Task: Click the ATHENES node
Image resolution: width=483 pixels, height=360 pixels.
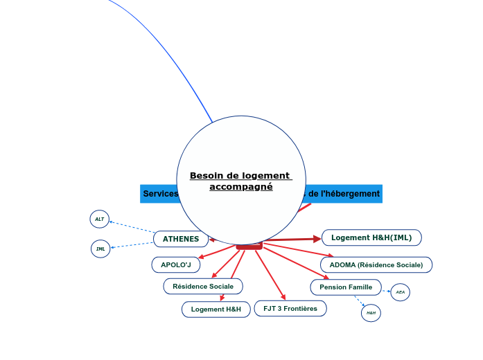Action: tap(181, 239)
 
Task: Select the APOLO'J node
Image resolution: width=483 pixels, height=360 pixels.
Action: tap(176, 264)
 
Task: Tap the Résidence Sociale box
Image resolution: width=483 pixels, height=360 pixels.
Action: tap(203, 286)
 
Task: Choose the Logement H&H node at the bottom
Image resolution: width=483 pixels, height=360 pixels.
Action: tap(216, 309)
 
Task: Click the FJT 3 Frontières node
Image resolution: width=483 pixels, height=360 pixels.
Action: tap(290, 308)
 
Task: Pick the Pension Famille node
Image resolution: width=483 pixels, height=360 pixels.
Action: tap(346, 287)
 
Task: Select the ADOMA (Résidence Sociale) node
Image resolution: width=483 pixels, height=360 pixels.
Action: tap(376, 264)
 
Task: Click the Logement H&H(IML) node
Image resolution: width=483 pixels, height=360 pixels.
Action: tap(371, 237)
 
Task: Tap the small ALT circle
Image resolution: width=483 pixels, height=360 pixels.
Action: tap(100, 219)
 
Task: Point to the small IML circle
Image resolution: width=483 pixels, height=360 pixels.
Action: tap(100, 249)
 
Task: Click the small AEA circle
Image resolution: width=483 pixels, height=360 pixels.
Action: tap(401, 292)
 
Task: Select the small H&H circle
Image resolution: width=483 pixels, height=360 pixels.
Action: tap(371, 313)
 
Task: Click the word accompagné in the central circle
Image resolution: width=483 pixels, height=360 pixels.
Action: tap(241, 187)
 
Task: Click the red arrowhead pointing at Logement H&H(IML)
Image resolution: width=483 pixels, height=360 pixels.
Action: tap(317, 239)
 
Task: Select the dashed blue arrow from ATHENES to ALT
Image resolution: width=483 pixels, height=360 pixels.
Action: tap(132, 227)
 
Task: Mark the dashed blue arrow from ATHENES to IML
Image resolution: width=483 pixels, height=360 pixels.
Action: tap(132, 244)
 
